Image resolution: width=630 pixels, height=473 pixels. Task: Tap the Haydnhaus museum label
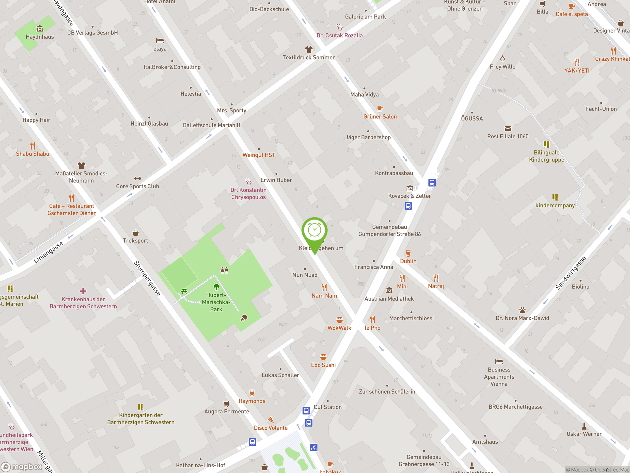click(40, 37)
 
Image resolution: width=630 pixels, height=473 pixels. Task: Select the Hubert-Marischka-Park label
click(216, 302)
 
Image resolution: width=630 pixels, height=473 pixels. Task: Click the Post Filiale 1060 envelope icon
click(508, 129)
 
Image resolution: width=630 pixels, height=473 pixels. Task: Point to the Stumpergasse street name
click(147, 278)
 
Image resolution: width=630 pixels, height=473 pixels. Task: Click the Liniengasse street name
click(48, 252)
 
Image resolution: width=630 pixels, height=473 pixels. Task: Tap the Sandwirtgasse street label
click(571, 273)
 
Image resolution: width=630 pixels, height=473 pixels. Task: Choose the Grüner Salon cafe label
click(380, 117)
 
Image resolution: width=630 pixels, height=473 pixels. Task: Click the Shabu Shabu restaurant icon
click(33, 146)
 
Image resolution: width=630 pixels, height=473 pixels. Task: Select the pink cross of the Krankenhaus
click(83, 291)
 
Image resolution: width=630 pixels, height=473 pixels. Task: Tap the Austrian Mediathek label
click(389, 299)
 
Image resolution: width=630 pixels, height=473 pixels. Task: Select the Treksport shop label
click(135, 241)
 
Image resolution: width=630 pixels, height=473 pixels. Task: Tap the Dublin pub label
click(408, 261)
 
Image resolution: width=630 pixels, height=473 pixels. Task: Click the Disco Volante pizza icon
click(270, 420)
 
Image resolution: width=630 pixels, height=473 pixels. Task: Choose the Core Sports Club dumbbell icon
click(138, 178)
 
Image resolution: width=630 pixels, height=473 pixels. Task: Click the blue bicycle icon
click(314, 448)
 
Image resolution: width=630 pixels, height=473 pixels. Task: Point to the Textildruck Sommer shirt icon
click(309, 49)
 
